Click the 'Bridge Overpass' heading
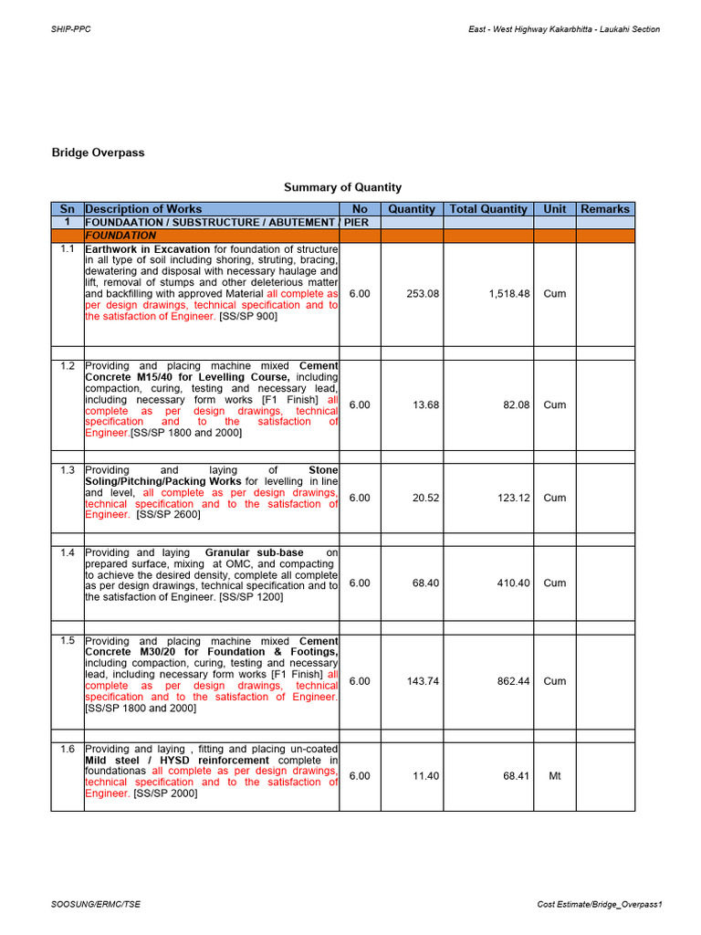[x=99, y=152]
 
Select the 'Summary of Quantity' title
[x=342, y=187]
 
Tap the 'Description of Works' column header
[x=143, y=209]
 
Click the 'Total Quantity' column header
[x=488, y=209]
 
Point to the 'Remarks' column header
[x=605, y=209]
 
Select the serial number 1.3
[x=68, y=470]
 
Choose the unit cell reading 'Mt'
[x=554, y=776]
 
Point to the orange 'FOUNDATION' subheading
[x=120, y=236]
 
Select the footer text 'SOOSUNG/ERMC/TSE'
[x=96, y=904]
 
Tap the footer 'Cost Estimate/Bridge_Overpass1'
[x=599, y=904]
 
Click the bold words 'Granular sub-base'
[x=255, y=552]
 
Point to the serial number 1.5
[x=68, y=641]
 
